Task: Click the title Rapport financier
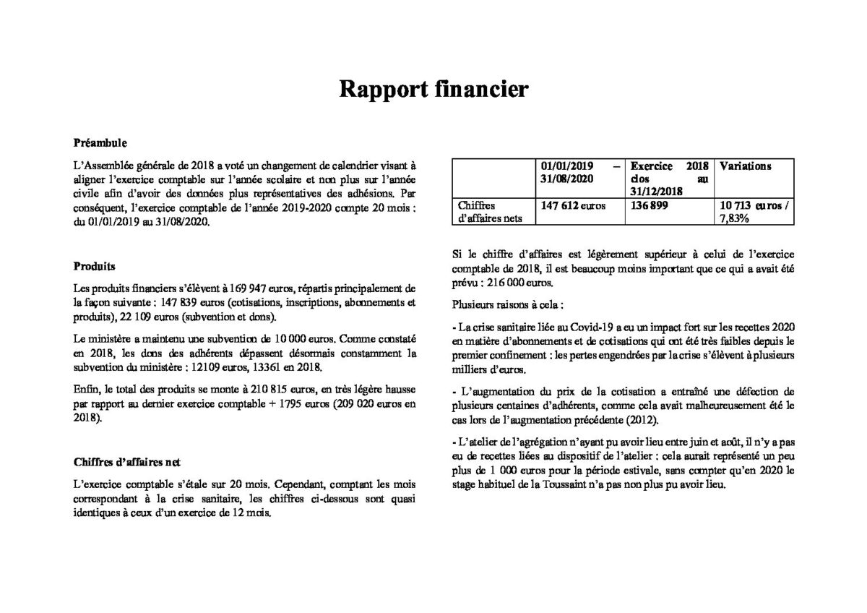coord(434,90)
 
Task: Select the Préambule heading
coord(100,143)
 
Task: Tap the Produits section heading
coord(95,265)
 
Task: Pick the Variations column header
coord(746,166)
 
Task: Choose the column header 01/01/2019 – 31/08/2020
coord(578,172)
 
